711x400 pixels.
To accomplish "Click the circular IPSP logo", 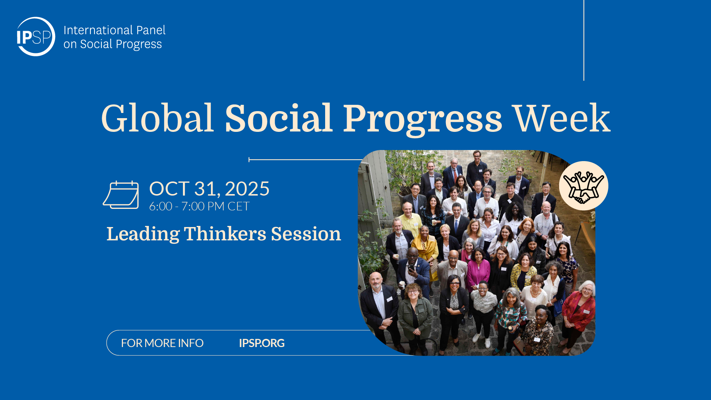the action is pos(36,36).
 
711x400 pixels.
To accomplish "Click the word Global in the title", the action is pos(157,118).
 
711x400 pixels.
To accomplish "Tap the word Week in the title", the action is pos(562,118).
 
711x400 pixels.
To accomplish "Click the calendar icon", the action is pos(121,195).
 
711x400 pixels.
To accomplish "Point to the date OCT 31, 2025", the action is pos(209,189).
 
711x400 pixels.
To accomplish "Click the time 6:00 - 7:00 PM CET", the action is pos(199,206).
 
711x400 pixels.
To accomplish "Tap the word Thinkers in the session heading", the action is pos(225,234).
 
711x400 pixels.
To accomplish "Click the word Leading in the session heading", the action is pos(143,234).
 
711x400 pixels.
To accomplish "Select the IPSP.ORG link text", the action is pos(262,343).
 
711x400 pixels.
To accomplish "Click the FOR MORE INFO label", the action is pos(162,343).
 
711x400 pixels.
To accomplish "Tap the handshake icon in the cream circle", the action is pos(584,186).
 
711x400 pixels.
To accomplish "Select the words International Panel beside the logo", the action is pos(114,30).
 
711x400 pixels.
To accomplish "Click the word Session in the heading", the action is pos(306,234).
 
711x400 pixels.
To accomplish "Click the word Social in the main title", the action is pos(278,118).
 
